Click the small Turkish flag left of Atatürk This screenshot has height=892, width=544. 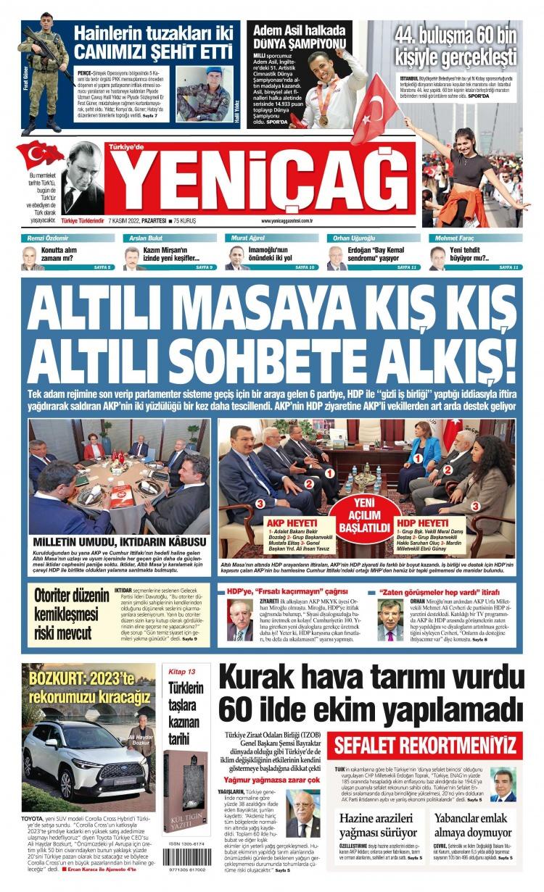41,154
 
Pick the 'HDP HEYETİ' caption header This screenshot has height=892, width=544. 422,522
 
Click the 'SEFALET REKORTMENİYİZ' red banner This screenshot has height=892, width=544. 424,744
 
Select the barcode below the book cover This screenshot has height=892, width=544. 186,856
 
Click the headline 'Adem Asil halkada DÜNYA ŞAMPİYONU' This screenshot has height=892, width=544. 300,38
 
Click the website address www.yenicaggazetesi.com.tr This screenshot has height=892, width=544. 287,221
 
